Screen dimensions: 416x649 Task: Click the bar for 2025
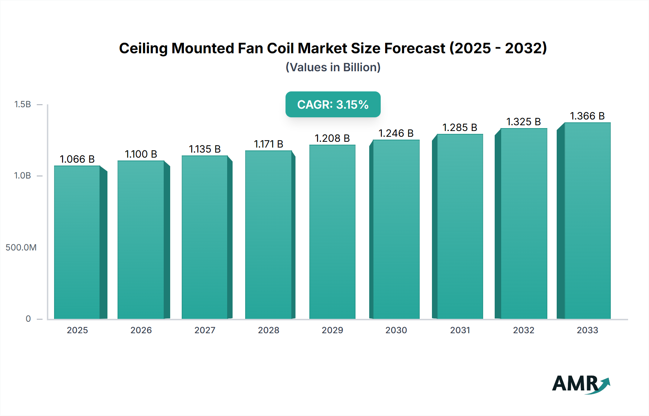click(x=77, y=242)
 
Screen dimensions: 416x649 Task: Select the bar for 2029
click(x=332, y=232)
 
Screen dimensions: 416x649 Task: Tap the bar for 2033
click(x=587, y=221)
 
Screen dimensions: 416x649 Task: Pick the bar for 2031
click(x=460, y=227)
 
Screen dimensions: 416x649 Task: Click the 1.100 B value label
click(x=141, y=154)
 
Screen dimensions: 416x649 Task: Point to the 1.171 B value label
click(x=269, y=144)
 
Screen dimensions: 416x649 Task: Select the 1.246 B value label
click(x=396, y=133)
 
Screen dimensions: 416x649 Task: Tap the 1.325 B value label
click(x=524, y=122)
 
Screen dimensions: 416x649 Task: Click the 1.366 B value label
click(x=587, y=116)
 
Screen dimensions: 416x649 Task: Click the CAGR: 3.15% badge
click(x=333, y=104)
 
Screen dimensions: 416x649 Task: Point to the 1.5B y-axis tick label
click(x=22, y=104)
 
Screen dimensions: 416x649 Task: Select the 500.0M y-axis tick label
click(x=21, y=247)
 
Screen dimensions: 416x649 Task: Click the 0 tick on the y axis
click(x=28, y=318)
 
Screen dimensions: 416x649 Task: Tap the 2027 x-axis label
click(x=205, y=330)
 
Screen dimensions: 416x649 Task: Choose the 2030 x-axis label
click(x=396, y=330)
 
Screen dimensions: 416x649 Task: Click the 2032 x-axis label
click(x=524, y=330)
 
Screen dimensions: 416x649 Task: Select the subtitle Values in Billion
click(x=333, y=67)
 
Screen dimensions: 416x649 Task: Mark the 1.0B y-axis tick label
click(x=22, y=176)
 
